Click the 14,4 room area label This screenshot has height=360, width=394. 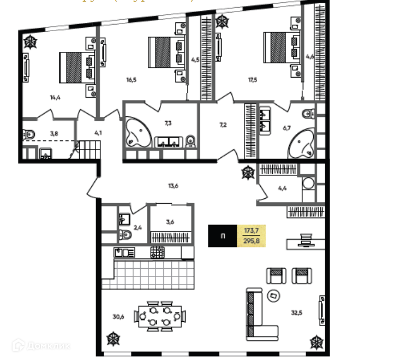[x=55, y=98]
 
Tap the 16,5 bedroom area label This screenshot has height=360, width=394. [x=131, y=80]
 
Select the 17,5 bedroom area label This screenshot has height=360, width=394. [x=252, y=80]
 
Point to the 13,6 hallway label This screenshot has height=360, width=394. [x=173, y=186]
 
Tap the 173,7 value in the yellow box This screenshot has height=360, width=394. [x=252, y=232]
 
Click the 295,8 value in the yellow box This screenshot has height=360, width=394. [x=252, y=241]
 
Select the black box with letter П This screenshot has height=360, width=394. [x=222, y=236]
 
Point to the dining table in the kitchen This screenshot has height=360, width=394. [x=161, y=316]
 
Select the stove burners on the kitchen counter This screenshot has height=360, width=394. [x=158, y=252]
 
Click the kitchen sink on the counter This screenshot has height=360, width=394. [x=124, y=252]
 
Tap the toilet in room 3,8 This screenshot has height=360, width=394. [x=29, y=134]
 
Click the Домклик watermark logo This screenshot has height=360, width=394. [x=41, y=345]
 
